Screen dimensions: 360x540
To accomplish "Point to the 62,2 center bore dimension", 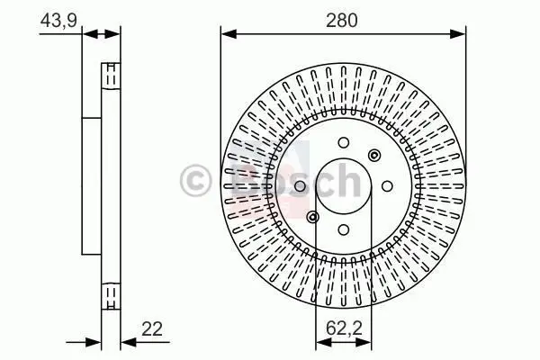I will point(343,328).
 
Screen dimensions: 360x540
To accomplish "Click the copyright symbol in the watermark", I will point(197,179).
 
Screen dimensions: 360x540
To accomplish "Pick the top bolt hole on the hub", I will point(343,141).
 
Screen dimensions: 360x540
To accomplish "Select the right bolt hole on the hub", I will point(385,186).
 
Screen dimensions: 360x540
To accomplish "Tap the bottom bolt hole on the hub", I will point(343,229).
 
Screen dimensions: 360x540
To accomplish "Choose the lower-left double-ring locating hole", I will point(312,217).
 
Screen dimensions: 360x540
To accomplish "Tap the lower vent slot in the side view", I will point(110,296).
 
